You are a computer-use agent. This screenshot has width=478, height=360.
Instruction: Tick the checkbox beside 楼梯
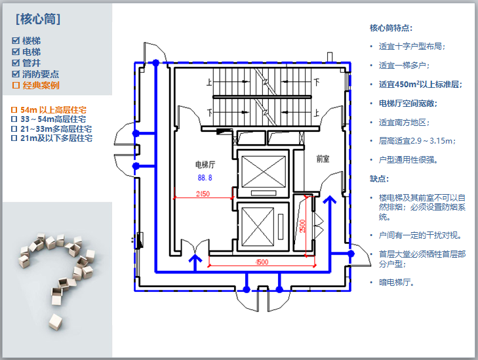point(16,41)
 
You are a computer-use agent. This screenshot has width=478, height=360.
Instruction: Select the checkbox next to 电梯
point(16,52)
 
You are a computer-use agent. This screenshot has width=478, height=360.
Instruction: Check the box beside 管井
point(16,63)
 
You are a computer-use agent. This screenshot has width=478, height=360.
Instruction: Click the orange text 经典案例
point(41,85)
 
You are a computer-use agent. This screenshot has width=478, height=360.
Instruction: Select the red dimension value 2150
point(203,193)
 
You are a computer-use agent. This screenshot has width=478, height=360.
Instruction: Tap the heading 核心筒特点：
point(391,28)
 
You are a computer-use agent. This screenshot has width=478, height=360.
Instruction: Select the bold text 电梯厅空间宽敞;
point(408,103)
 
